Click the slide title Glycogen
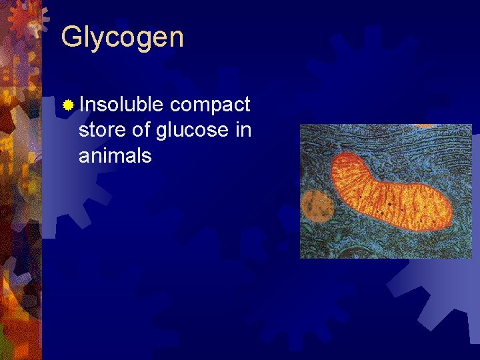(x=122, y=37)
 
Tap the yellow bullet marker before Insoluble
(x=68, y=105)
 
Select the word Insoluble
(x=121, y=105)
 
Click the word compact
(x=210, y=105)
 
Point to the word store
(x=99, y=131)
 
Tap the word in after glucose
(x=243, y=131)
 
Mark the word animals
(x=115, y=156)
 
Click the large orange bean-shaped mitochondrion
(x=393, y=193)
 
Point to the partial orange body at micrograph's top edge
(x=427, y=126)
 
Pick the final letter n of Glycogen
(x=176, y=39)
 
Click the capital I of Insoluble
(x=81, y=105)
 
